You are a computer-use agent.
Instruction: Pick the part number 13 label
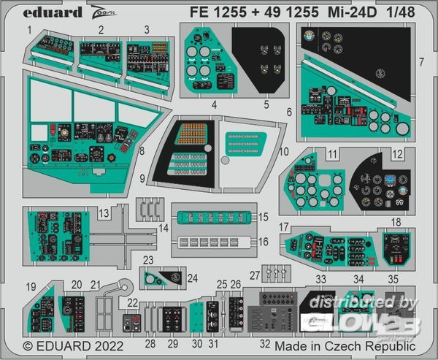click(104, 212)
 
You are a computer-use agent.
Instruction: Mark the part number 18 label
click(396, 221)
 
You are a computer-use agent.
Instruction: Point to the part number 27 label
click(255, 275)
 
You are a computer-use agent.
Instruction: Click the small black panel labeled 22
click(133, 322)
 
